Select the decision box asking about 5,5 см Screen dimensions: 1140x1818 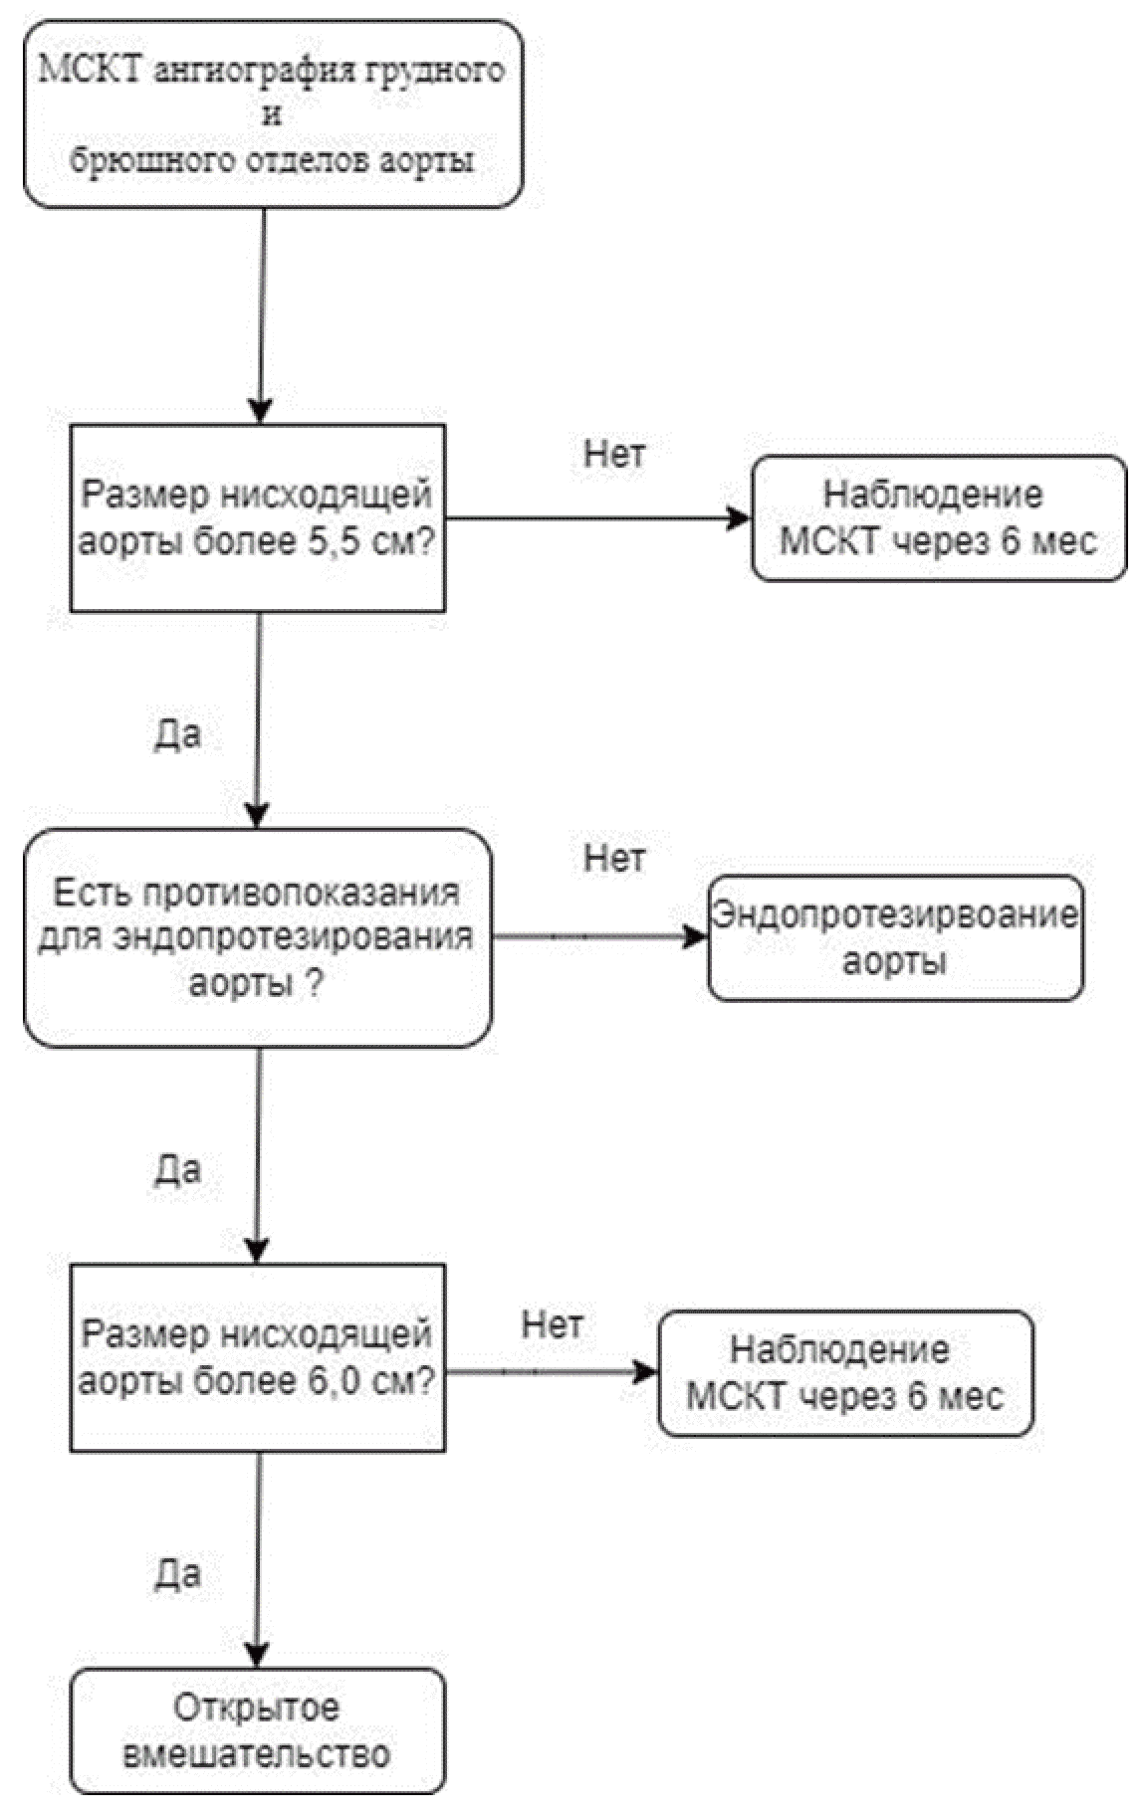258,517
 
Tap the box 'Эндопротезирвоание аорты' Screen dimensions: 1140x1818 895,937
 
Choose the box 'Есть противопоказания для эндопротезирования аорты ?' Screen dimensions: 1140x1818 258,937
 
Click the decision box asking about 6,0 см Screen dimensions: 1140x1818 258,1357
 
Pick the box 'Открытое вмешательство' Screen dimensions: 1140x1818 258,1731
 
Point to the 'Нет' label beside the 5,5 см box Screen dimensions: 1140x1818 614,454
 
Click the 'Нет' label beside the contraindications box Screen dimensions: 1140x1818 614,858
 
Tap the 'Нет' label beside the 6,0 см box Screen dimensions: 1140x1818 553,1324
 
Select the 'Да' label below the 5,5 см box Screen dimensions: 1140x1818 178,734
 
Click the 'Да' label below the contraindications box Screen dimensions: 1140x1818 178,1170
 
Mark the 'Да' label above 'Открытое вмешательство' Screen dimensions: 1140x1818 178,1574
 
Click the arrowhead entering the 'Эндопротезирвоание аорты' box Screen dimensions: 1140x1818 696,937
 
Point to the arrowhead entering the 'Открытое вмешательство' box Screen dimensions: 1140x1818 258,1656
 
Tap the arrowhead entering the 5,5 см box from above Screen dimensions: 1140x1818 260,411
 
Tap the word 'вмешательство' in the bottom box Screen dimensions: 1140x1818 256,1754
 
